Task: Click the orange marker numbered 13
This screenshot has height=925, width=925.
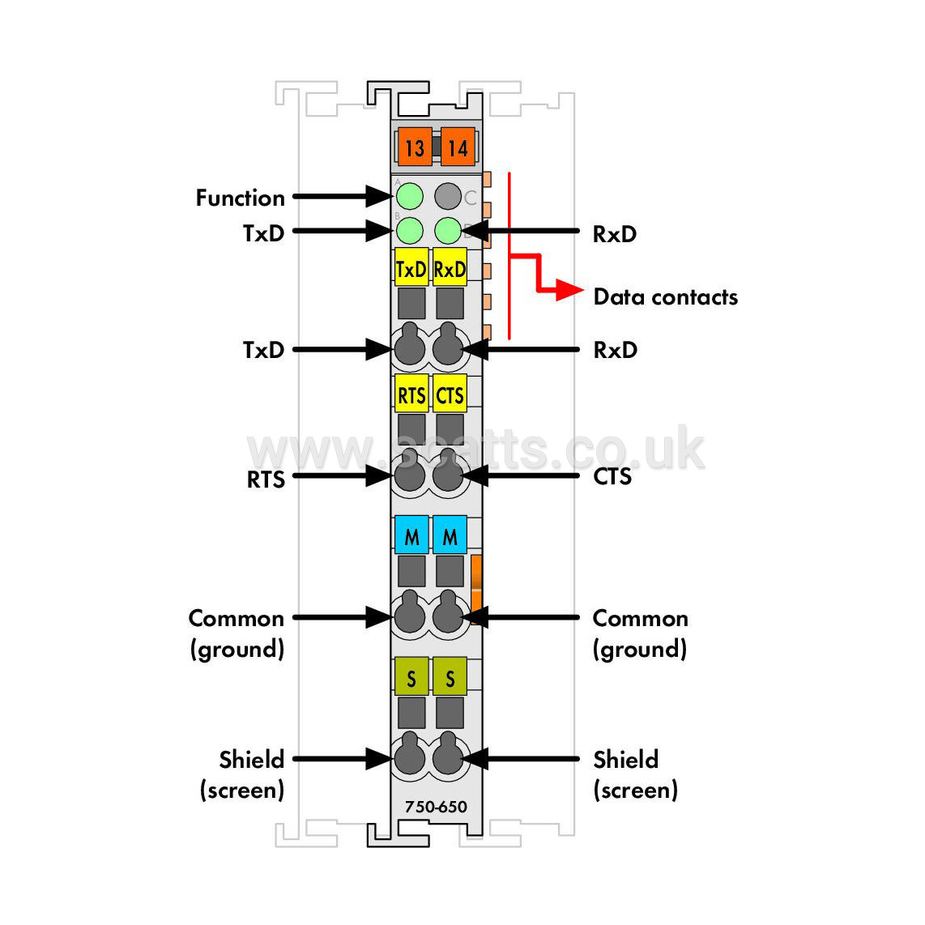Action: (415, 147)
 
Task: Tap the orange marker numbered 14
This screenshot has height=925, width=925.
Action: (458, 147)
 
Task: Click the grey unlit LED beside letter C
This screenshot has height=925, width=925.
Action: (448, 197)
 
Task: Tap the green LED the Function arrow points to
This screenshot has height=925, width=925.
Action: (409, 197)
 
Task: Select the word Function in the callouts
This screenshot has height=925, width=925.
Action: (240, 198)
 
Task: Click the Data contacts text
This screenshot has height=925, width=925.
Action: (666, 296)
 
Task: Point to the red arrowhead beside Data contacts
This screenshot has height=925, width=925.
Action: (569, 290)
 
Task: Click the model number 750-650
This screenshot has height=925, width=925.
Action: (436, 807)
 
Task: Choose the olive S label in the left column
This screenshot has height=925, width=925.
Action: (411, 676)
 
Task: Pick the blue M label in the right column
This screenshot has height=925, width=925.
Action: (450, 535)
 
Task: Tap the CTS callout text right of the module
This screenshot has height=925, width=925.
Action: (612, 476)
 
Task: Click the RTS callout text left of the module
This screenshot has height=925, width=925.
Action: (266, 480)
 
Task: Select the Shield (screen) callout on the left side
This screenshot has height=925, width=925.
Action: (242, 774)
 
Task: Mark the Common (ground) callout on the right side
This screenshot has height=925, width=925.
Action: (640, 633)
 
